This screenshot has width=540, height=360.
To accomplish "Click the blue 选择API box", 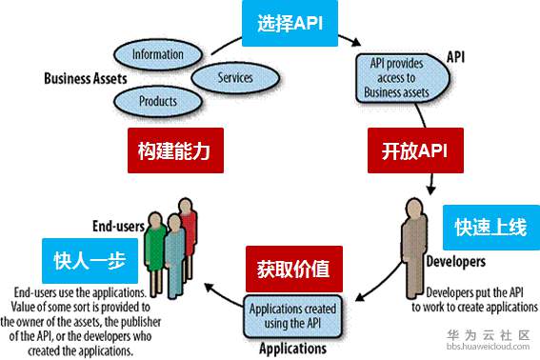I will coord(290,24).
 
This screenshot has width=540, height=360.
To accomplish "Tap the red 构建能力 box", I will coord(174,150).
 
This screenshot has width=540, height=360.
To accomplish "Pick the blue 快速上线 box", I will coord(490,228).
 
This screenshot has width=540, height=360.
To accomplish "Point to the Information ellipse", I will coord(157,54).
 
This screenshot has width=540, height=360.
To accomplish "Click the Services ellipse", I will coord(234,76).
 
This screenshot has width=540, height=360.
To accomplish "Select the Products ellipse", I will coord(157,99).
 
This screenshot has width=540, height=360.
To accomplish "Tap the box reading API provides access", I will coord(397,77).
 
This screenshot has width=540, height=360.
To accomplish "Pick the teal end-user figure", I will coord(172,250).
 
